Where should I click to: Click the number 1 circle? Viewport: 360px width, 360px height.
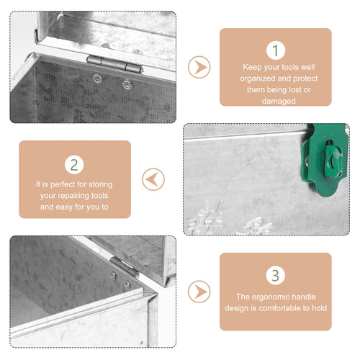pos(276,50)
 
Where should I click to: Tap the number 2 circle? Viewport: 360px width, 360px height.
pos(74,165)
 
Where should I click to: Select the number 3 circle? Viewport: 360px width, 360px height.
pos(276,275)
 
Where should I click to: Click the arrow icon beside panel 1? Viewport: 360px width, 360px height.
pos(199,67)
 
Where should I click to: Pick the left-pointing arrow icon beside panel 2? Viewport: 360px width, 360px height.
pos(153,179)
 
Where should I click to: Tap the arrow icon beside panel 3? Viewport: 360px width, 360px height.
pos(199,292)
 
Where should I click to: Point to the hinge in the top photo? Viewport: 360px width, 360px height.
pos(115,64)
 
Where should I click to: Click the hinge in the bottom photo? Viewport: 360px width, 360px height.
pos(125,267)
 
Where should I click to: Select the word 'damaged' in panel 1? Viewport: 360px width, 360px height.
pos(279,102)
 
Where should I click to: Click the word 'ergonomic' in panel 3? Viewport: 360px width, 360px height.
pos(274,297)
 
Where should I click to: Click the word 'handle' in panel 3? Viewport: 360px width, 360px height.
pos(307,297)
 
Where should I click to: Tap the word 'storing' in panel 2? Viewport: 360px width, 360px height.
pos(101,184)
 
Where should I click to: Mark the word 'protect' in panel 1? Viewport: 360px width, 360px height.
pos(305,78)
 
